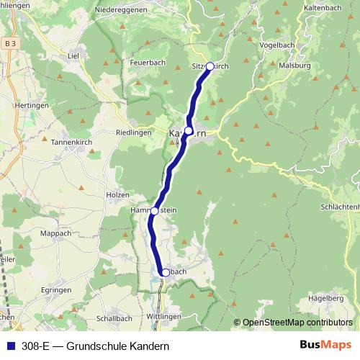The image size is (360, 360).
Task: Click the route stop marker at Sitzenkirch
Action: point(210,66)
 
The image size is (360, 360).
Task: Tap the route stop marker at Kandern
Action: point(189,130)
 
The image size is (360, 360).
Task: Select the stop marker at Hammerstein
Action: point(155,211)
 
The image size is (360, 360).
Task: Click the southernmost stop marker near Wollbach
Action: point(166,273)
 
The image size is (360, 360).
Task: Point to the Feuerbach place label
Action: point(148,63)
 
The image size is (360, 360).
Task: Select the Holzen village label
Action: point(117,195)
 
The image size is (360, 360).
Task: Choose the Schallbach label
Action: point(112,318)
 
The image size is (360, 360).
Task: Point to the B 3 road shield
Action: point(9,44)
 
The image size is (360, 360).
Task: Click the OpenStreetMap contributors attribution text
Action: point(297,323)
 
